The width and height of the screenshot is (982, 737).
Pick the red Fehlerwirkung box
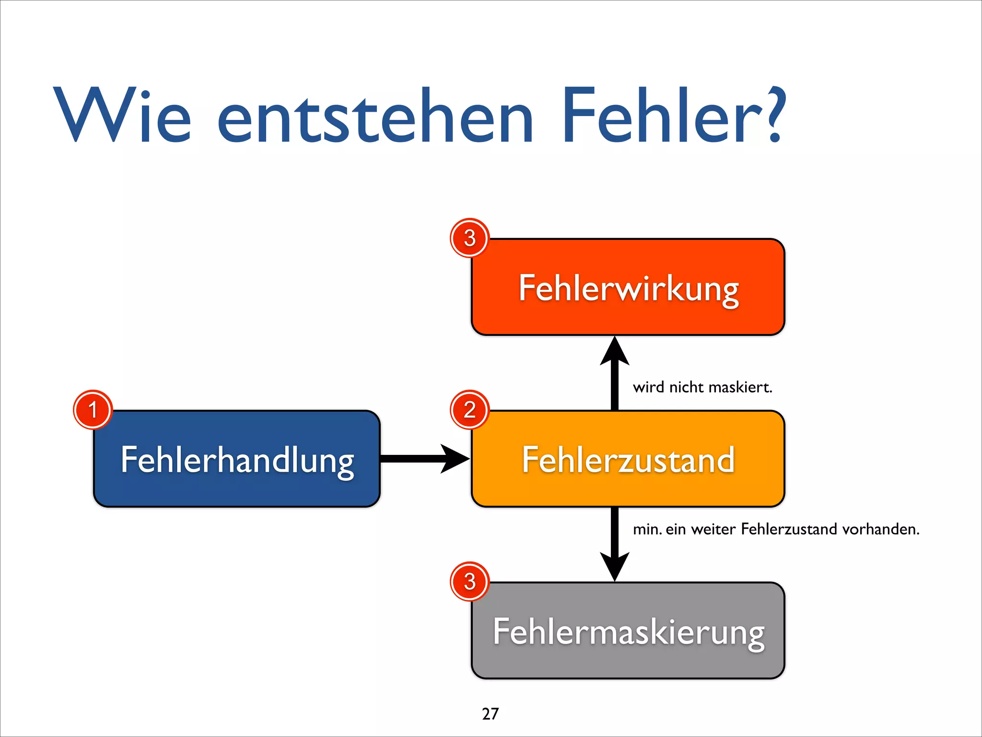[x=628, y=287]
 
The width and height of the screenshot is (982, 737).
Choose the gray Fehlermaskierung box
[x=628, y=631]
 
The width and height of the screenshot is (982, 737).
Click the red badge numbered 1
[x=93, y=410]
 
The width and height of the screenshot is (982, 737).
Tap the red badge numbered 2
[x=469, y=410]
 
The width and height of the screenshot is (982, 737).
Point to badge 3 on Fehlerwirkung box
[x=469, y=238]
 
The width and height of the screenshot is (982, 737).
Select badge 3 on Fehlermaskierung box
[x=469, y=582]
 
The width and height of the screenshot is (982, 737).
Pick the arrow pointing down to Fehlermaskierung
[x=615, y=545]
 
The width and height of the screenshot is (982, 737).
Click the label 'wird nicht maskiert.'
[x=702, y=387]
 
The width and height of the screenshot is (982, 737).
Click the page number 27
[x=490, y=714]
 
